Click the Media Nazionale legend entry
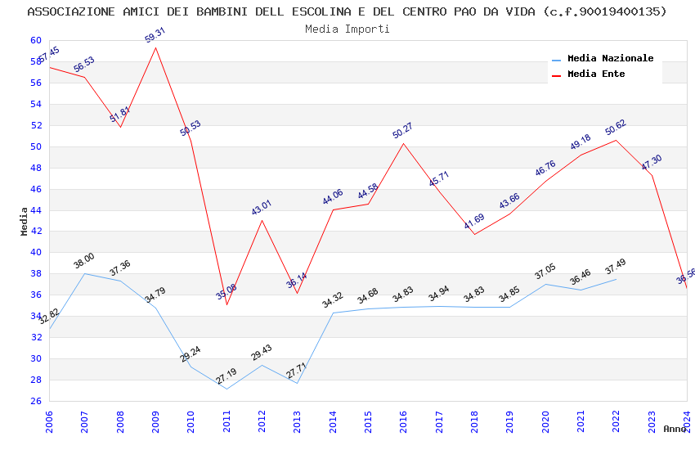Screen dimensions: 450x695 [x=610, y=58]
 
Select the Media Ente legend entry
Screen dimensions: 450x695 [x=595, y=74]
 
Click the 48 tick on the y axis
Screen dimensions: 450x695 [x=35, y=168]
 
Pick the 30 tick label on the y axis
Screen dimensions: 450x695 [x=35, y=358]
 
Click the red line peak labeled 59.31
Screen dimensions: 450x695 [x=155, y=47]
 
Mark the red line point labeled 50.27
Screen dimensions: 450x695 [x=403, y=143]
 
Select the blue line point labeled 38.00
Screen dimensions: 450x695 [x=84, y=273]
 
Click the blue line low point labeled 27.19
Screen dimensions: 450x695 [x=226, y=389]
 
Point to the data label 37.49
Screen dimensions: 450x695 [x=615, y=267]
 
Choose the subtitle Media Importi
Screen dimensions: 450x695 [x=347, y=29]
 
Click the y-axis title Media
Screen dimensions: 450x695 [x=25, y=221]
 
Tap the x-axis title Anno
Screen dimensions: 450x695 [x=675, y=429]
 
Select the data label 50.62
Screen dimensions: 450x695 [x=616, y=128]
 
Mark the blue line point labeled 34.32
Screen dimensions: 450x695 [x=333, y=313]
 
